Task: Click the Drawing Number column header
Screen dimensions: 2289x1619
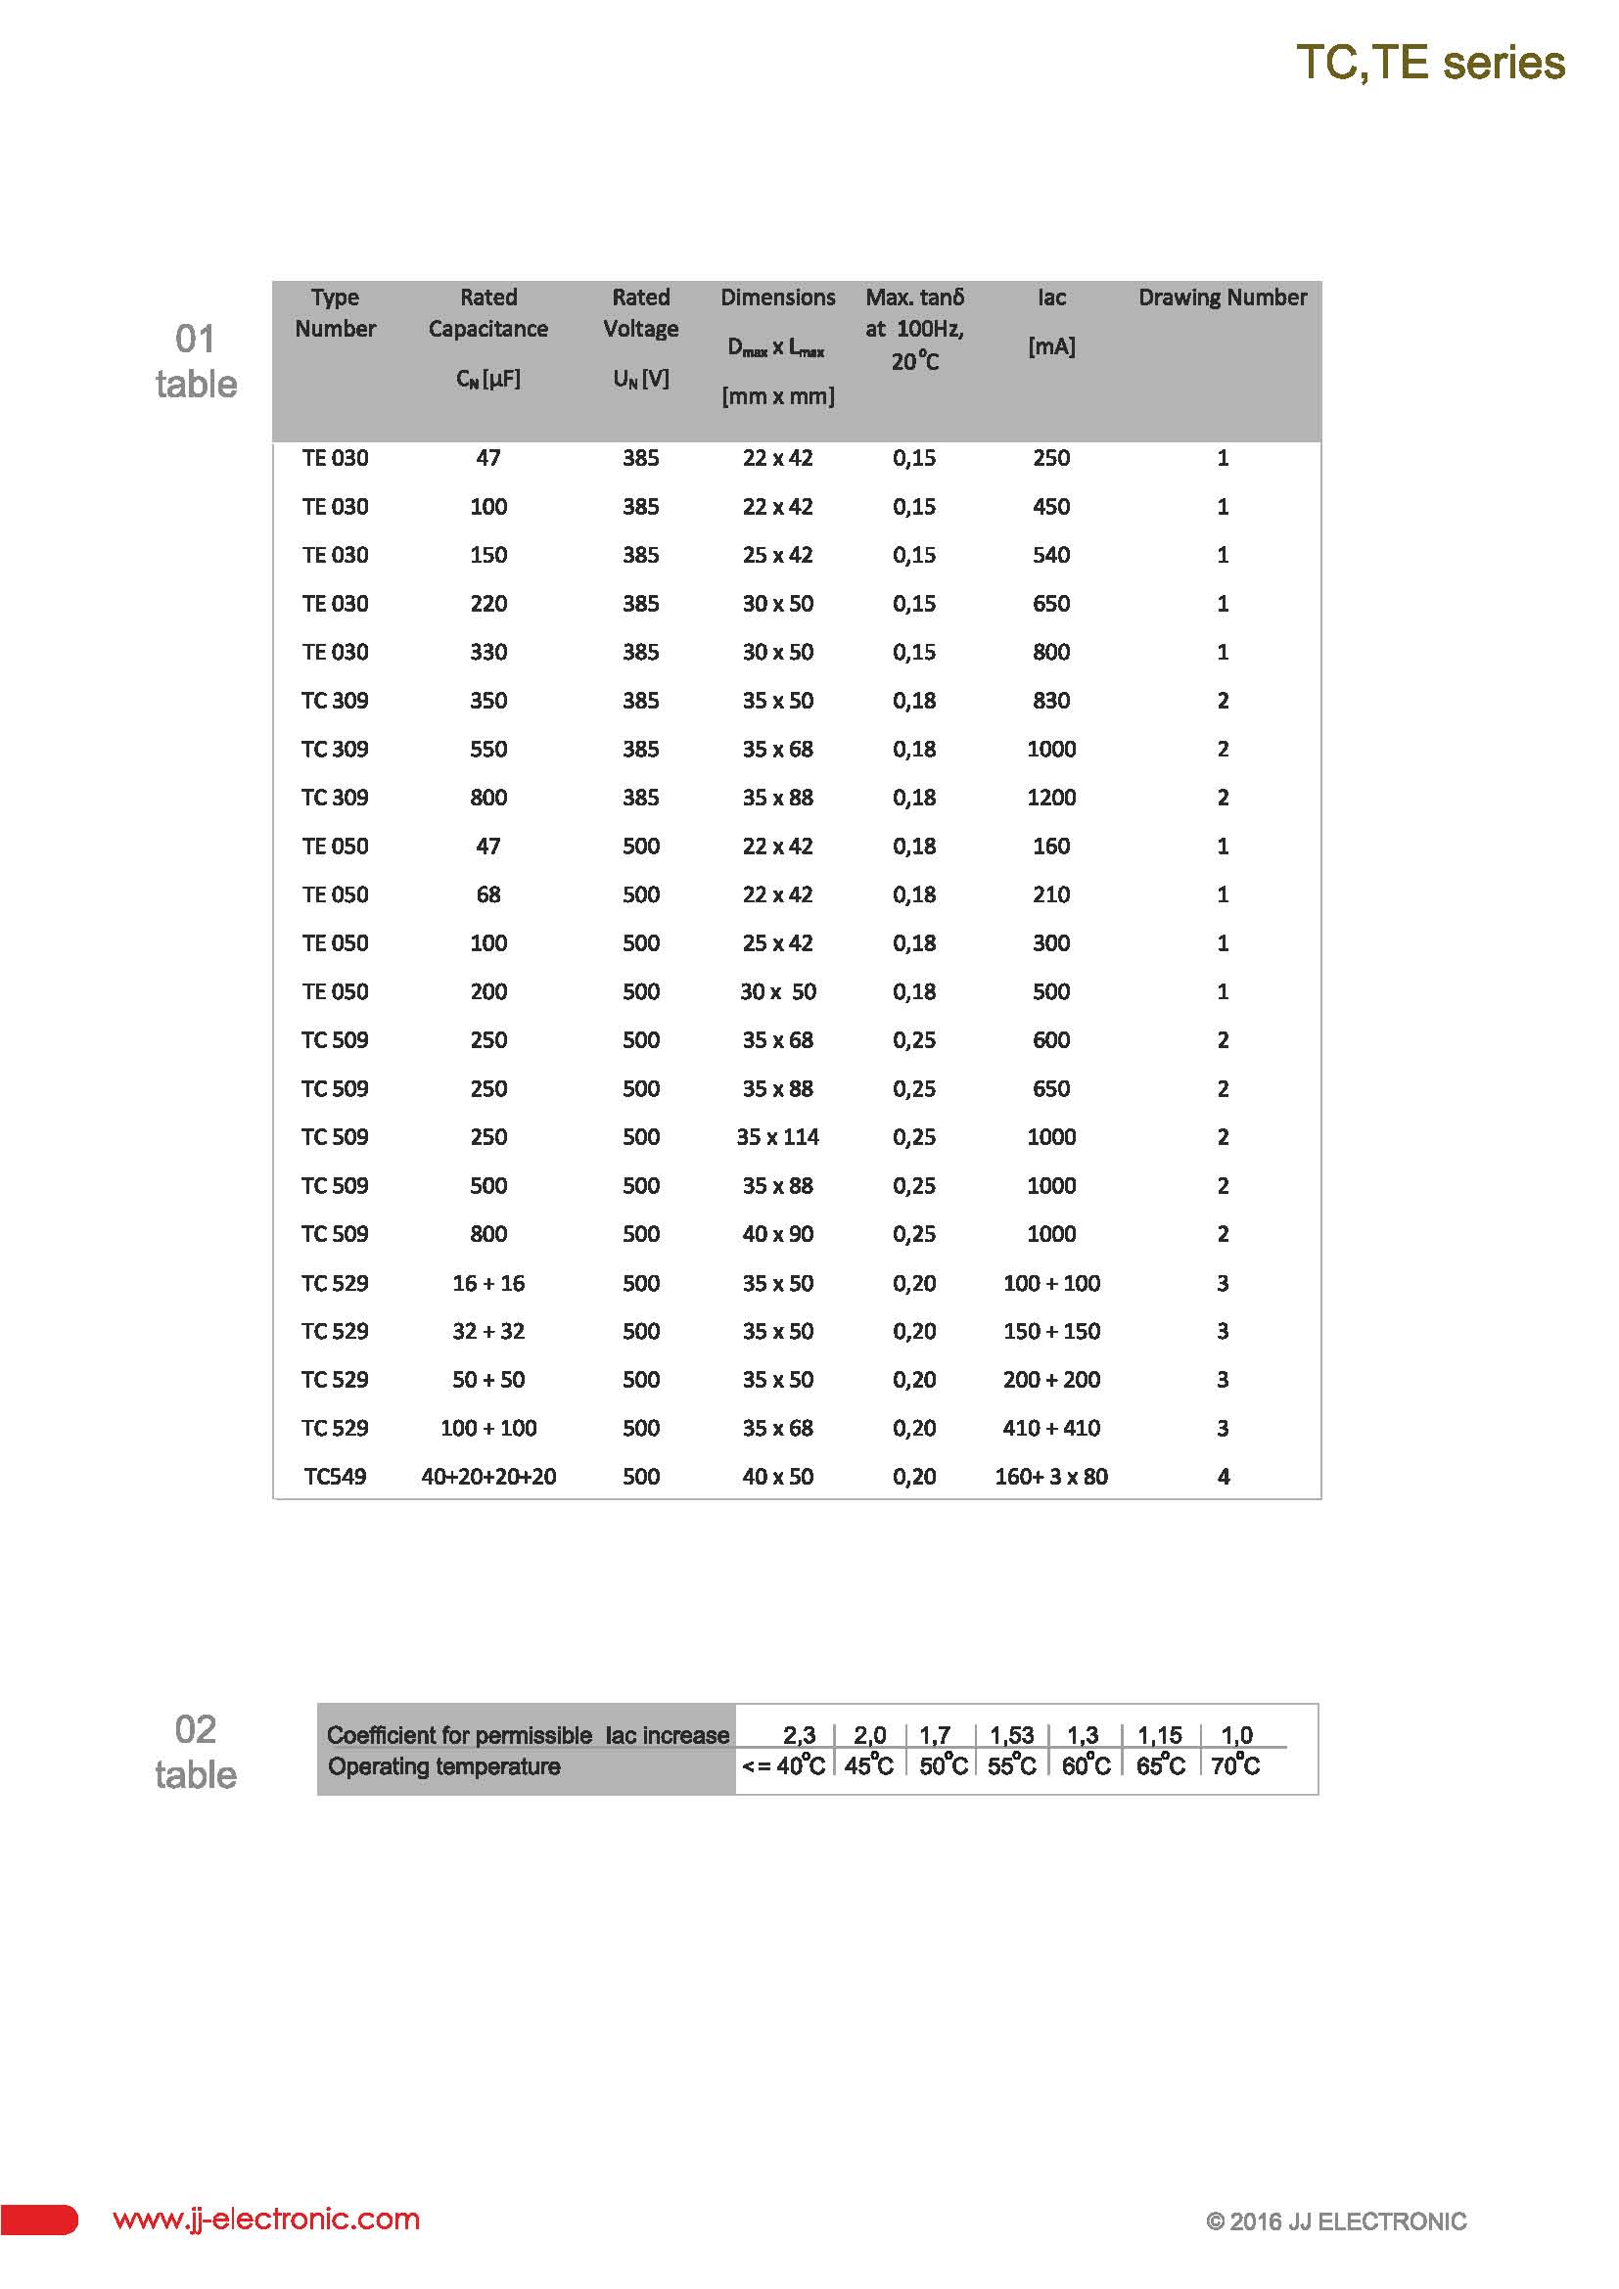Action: [x=1223, y=298]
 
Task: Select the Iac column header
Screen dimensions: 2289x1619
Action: [x=1050, y=298]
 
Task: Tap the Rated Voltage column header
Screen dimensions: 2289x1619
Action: [x=640, y=313]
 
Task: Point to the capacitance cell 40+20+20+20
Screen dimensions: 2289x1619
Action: [x=488, y=1477]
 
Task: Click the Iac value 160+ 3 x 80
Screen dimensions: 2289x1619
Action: [x=1050, y=1477]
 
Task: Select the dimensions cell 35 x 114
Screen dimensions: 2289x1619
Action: [x=777, y=1136]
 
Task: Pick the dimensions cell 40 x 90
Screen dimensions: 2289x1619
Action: [x=777, y=1234]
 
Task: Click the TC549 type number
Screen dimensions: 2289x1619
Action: [x=335, y=1477]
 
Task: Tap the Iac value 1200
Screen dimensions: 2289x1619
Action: [x=1050, y=798]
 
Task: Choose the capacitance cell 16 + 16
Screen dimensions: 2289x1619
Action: [x=488, y=1283]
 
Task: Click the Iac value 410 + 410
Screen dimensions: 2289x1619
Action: [x=1050, y=1428]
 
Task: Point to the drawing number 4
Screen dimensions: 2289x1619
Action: [x=1224, y=1477]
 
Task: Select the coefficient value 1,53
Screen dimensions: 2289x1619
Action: [x=1011, y=1736]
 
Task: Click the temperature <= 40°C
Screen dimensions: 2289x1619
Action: [x=784, y=1766]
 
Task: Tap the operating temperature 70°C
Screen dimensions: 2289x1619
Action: [x=1235, y=1766]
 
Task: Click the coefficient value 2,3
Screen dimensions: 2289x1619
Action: [x=799, y=1736]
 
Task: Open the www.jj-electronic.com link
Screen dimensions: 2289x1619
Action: [x=266, y=2220]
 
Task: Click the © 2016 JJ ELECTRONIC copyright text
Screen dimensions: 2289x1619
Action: [x=1336, y=2221]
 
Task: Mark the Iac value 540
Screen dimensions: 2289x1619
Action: [x=1050, y=555]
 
